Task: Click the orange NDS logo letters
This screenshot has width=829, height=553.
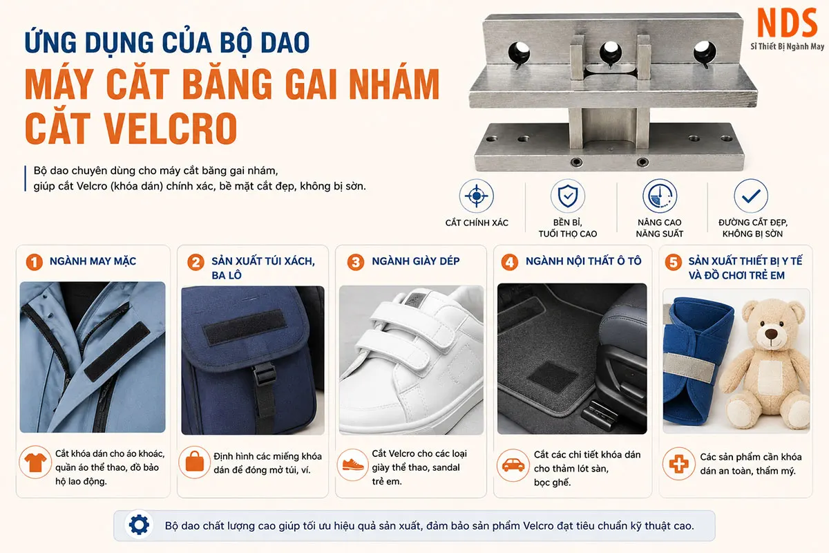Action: (x=787, y=23)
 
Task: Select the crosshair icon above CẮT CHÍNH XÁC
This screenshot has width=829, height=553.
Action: (x=476, y=196)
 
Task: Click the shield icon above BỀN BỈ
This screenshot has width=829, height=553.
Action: (x=568, y=196)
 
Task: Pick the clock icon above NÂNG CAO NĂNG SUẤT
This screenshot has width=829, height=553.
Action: (x=660, y=196)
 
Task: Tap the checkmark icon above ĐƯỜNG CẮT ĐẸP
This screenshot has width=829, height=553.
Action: (x=751, y=196)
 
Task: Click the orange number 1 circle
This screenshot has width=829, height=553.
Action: (x=34, y=262)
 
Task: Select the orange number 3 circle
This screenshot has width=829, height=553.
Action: (x=355, y=262)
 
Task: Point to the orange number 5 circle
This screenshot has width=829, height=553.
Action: (x=673, y=262)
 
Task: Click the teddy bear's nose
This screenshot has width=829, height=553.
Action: (x=771, y=333)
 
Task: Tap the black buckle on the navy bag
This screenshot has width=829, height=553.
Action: (x=264, y=373)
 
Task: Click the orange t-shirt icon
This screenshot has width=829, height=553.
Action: (x=35, y=462)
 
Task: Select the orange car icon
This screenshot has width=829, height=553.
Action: (x=513, y=465)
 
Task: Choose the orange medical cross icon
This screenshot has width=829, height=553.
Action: (x=678, y=464)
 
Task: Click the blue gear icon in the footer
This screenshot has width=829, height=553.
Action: (x=139, y=525)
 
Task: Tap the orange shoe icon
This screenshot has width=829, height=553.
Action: (x=353, y=465)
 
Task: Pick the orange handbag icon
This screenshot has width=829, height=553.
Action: (x=194, y=462)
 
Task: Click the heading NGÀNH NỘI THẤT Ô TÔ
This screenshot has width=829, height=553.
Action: (x=583, y=261)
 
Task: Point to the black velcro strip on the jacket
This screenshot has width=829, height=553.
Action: (x=117, y=351)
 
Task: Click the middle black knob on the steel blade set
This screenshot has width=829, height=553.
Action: (x=611, y=52)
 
